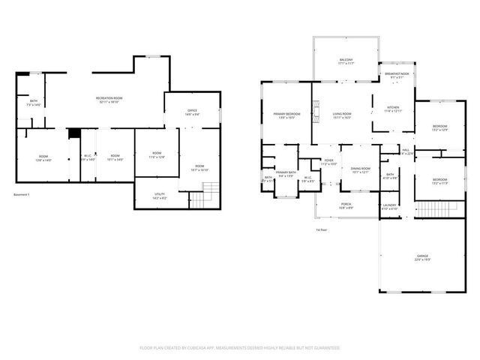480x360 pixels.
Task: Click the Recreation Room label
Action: pyautogui.click(x=109, y=100)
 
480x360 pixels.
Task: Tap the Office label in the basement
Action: pyautogui.click(x=192, y=112)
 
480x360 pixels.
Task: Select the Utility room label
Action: pyautogui.click(x=160, y=195)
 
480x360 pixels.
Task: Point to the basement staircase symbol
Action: pyautogui.click(x=196, y=199)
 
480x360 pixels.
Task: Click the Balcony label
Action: pyautogui.click(x=346, y=61)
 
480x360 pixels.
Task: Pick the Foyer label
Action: pyautogui.click(x=328, y=161)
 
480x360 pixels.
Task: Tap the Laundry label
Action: pyautogui.click(x=389, y=206)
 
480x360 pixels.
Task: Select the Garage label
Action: pyautogui.click(x=422, y=257)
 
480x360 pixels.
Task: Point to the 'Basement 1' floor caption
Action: pyautogui.click(x=22, y=195)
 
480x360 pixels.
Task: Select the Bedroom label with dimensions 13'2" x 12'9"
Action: pyautogui.click(x=439, y=127)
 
